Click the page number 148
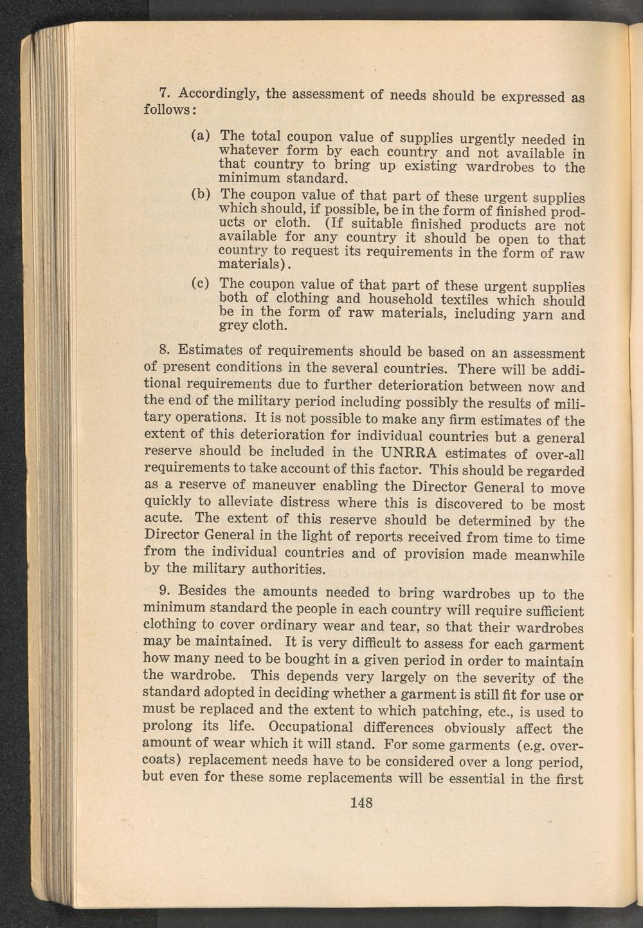pos(361,803)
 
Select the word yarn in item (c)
pos(536,315)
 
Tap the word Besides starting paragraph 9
pos(204,591)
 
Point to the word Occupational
pos(311,727)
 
